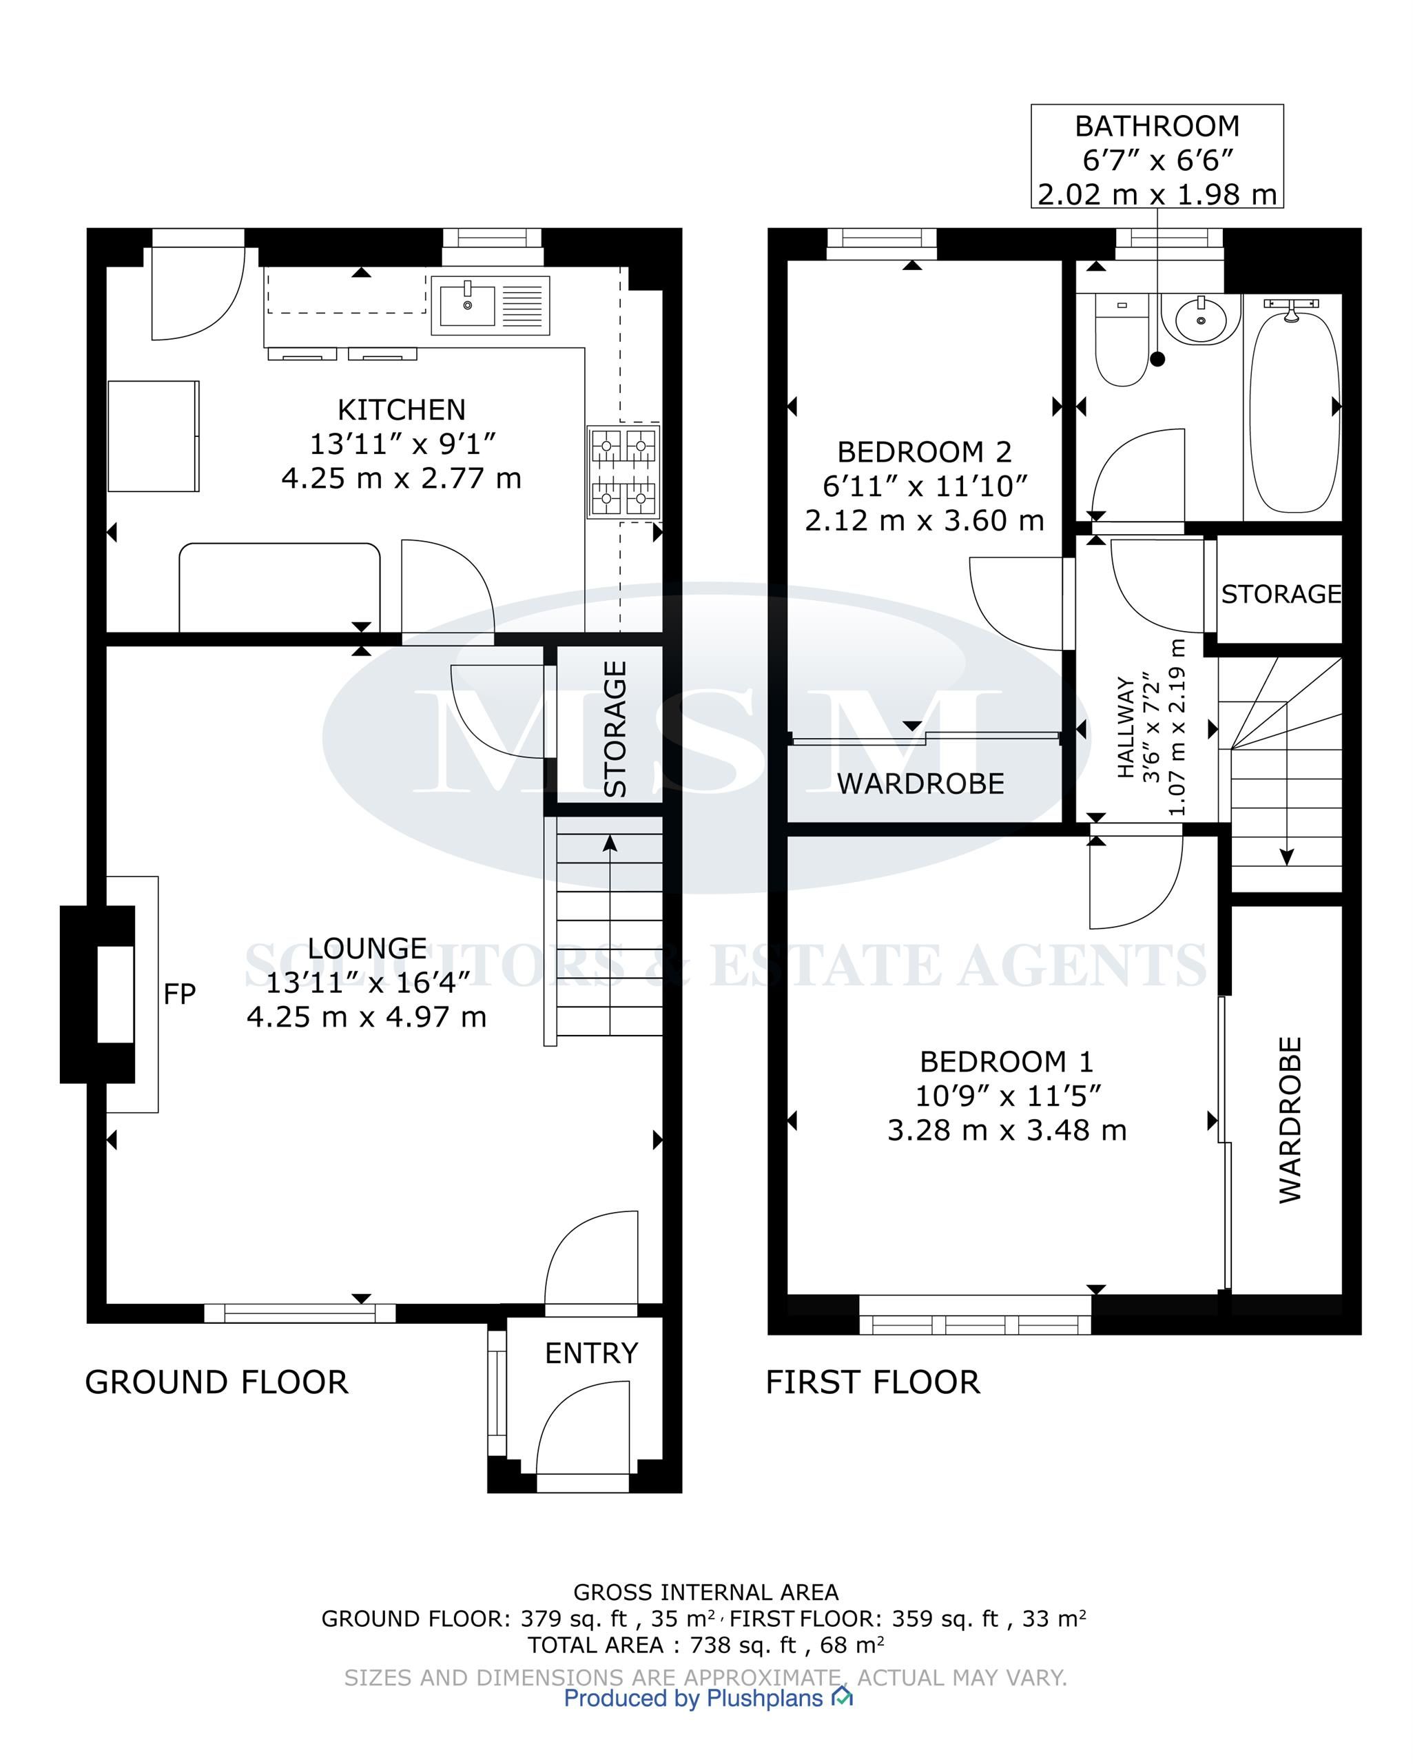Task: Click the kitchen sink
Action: tap(490, 306)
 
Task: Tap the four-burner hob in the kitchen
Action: tap(623, 472)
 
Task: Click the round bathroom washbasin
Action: tap(1200, 318)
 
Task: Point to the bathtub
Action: tap(1292, 406)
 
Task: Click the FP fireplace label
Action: tap(179, 994)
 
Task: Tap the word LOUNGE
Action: tap(367, 948)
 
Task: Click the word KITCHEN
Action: tap(402, 409)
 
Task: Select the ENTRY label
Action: tap(592, 1353)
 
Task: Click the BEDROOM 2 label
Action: tap(925, 451)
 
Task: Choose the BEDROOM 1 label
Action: tap(1007, 1061)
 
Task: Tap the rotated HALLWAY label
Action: tap(1126, 728)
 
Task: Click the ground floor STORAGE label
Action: tap(615, 729)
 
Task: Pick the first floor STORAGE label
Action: tap(1281, 594)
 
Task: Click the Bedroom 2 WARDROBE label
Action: tap(920, 784)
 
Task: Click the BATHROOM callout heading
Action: tap(1157, 126)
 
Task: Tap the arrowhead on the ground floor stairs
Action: tap(610, 843)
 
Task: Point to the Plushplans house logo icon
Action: tap(842, 1698)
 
